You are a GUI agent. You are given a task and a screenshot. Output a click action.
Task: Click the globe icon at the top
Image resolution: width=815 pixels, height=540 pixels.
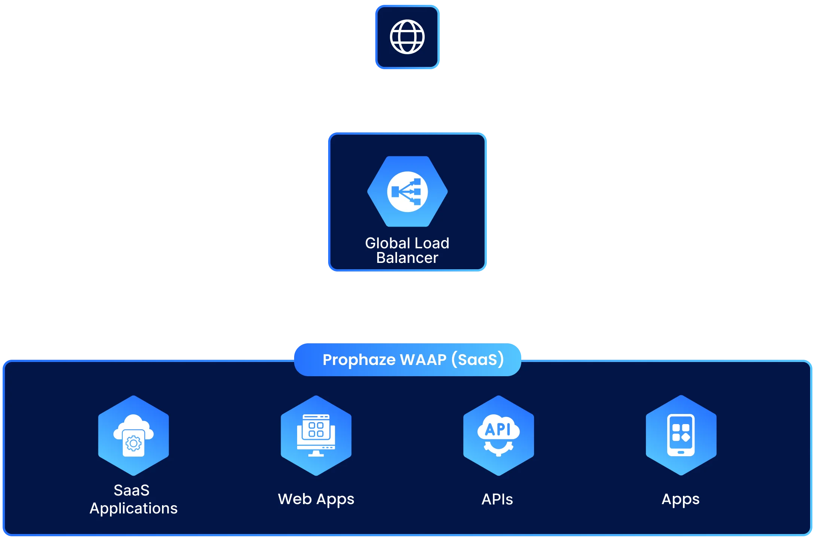coord(407,37)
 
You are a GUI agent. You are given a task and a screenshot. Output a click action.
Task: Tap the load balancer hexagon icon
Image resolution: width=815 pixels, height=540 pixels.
coord(407,191)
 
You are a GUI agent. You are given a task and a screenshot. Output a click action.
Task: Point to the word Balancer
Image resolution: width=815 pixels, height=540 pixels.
coord(407,258)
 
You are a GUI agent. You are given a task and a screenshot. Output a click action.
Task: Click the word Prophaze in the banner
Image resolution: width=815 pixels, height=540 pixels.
coord(359,360)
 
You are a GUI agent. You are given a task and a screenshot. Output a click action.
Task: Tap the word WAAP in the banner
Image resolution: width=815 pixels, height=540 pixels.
coord(423,360)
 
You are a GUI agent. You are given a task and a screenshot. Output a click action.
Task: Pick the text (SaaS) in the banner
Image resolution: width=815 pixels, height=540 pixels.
coord(477,360)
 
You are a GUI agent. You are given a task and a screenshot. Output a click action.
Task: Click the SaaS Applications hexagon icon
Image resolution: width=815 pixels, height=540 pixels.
coord(133,435)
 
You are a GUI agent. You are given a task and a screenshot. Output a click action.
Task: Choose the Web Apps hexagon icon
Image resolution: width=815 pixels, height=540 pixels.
coord(316,435)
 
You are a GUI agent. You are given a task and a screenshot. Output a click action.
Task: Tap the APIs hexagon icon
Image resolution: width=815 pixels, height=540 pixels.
coord(498,435)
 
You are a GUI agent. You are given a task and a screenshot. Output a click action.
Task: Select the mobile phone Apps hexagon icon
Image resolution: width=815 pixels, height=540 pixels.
coord(681,435)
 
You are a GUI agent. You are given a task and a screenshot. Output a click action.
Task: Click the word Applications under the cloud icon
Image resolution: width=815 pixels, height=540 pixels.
coord(134,509)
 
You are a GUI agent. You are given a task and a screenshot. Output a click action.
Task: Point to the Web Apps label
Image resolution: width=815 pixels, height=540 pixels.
coord(316,499)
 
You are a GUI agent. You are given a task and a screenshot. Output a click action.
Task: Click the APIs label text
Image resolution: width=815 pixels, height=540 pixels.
coord(497,499)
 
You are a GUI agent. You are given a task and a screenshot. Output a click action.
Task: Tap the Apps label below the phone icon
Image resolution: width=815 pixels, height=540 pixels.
coord(681,499)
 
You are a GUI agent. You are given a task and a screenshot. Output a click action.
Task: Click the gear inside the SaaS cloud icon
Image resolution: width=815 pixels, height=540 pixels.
coord(134,444)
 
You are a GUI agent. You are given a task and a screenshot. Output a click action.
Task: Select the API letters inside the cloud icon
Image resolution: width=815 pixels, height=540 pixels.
coord(498,429)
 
